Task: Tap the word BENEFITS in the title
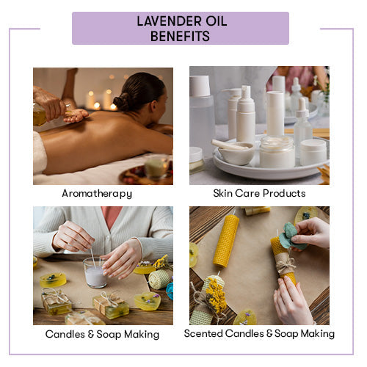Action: coord(180,36)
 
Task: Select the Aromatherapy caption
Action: coord(97,194)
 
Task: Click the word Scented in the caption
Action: coord(203,333)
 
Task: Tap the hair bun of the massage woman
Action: coord(123,101)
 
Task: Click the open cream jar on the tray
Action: coord(277,152)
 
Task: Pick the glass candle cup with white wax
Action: coord(95,272)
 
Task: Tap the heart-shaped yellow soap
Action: coord(148,301)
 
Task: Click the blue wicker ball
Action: coord(170,291)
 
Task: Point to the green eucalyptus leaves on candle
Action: coord(291,236)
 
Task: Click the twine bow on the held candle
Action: coord(286,265)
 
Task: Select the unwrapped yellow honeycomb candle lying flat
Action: coord(226,241)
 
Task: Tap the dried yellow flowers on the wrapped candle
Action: coord(215,293)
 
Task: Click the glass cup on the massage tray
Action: coord(156,167)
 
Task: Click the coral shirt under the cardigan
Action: coord(112,217)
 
